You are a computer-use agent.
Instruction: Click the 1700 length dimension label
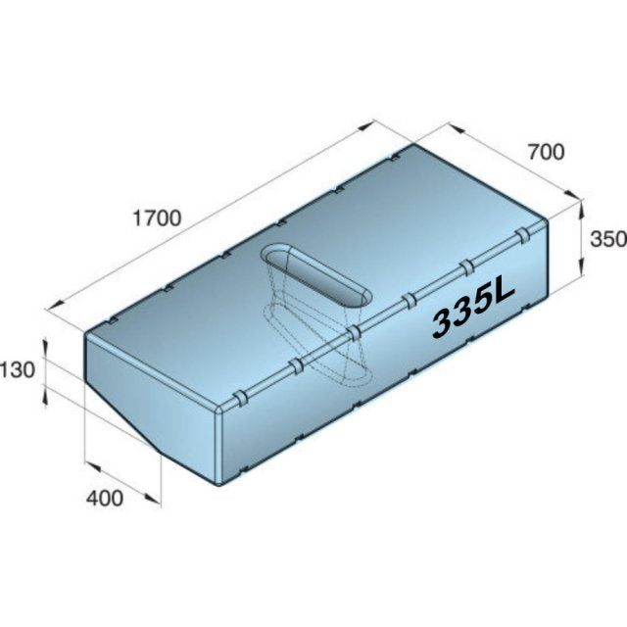click(x=157, y=218)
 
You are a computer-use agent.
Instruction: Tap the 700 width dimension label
click(x=547, y=153)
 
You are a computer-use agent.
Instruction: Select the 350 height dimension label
click(x=608, y=239)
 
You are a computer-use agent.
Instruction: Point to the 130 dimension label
click(x=18, y=370)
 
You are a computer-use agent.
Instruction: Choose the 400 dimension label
click(x=105, y=499)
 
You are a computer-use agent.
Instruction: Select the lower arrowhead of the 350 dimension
click(x=581, y=267)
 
